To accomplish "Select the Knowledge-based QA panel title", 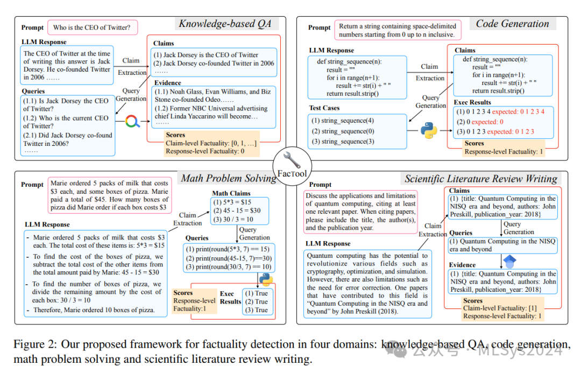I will pos(225,24).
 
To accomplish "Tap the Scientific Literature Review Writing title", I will pos(481,179).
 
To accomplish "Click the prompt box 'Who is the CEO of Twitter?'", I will pos(93,27).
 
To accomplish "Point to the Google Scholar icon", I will pos(509,262).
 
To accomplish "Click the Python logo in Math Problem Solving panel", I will pos(265,279).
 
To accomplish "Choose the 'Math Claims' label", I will pos(231,193).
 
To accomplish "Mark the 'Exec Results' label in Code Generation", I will pos(473,102).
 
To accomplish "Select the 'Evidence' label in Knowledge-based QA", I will pos(168,83).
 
